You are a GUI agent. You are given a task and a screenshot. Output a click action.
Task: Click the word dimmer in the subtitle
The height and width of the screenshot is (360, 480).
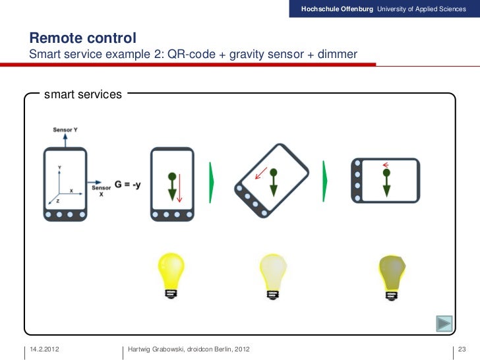click(336, 53)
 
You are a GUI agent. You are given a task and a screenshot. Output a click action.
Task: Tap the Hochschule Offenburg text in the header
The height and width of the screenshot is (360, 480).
click(337, 8)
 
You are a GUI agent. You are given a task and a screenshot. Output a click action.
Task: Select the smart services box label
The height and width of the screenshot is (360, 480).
click(83, 95)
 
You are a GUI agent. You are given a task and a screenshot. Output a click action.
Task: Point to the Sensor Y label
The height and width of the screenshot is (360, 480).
click(65, 130)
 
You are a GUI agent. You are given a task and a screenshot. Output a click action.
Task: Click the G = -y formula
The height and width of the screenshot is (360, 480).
click(127, 185)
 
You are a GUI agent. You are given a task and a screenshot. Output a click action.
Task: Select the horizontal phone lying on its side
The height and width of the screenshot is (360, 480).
click(385, 181)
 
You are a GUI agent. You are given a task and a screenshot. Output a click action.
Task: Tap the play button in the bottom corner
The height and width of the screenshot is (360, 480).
click(444, 324)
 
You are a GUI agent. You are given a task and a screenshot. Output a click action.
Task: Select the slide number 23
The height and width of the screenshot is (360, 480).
click(462, 348)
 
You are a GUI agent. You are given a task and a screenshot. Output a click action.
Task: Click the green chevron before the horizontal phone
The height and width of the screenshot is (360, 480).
click(325, 180)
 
